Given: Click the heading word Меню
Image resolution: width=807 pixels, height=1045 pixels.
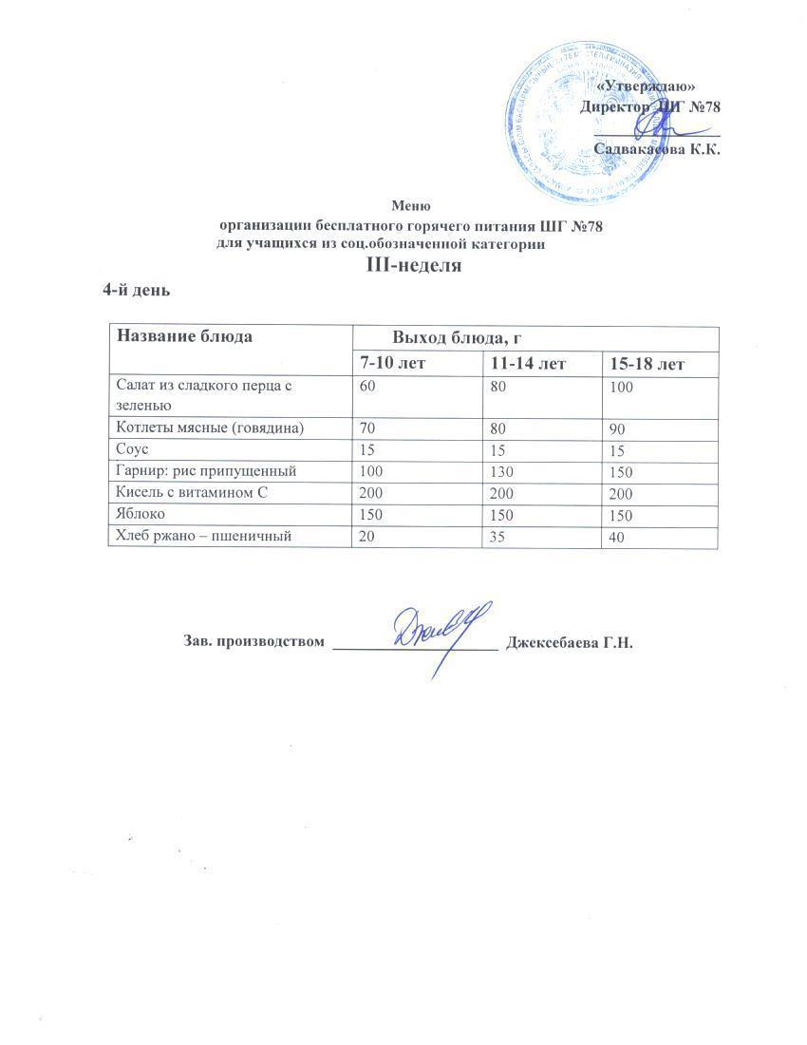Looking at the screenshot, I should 412,205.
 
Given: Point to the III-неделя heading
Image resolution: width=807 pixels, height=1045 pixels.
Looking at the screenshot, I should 414,266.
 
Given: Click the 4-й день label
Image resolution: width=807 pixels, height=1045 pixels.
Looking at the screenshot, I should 136,289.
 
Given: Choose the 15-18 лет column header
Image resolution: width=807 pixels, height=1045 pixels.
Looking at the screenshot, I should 648,364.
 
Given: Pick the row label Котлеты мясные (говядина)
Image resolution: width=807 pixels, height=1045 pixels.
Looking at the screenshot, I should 210,428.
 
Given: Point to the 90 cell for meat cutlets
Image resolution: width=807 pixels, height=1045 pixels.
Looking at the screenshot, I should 618,429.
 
